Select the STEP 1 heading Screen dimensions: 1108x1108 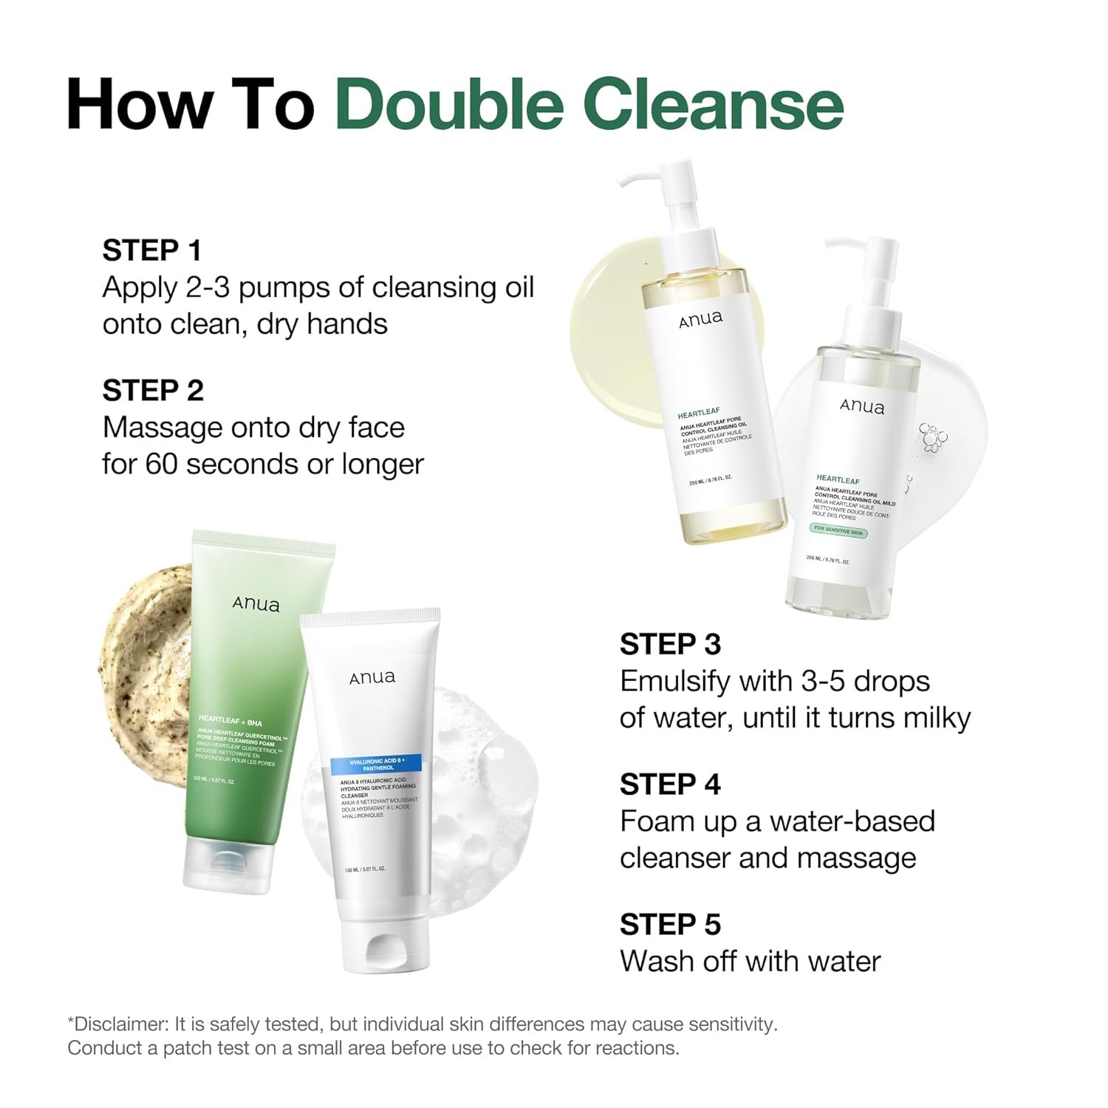coord(152,250)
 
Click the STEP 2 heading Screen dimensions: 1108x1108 coord(153,391)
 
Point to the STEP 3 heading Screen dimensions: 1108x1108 coord(670,644)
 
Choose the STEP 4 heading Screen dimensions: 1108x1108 coord(670,784)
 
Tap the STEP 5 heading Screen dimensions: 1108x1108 coord(670,924)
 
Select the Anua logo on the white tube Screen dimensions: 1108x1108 coord(372,677)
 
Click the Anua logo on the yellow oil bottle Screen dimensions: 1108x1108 coord(701,319)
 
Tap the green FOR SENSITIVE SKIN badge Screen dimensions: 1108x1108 coord(838,531)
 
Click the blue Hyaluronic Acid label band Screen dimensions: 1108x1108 coord(375,763)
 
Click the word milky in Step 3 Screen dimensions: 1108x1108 coord(931,718)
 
